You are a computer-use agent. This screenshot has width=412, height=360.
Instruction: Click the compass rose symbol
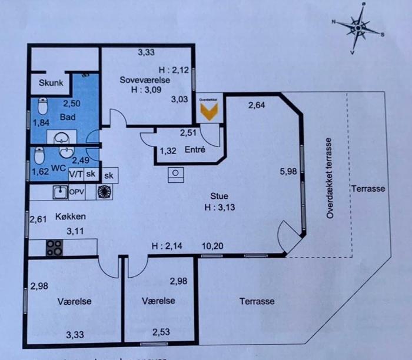[358, 27]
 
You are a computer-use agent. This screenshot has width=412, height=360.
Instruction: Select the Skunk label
[51, 83]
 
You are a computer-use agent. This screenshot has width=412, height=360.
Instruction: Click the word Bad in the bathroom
[68, 117]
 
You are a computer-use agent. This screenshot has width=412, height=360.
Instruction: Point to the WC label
[58, 168]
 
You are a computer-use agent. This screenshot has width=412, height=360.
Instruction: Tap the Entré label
[195, 150]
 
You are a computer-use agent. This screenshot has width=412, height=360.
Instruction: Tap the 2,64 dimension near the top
[257, 106]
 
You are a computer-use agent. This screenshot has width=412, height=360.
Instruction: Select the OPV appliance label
[78, 192]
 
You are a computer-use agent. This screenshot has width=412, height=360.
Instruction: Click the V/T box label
[75, 175]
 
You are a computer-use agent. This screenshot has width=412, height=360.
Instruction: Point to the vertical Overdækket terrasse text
[330, 179]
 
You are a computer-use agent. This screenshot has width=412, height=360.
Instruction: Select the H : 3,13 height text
[220, 207]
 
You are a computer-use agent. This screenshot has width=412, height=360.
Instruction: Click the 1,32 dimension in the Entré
[168, 151]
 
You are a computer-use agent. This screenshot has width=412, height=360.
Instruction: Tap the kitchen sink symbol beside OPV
[59, 192]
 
